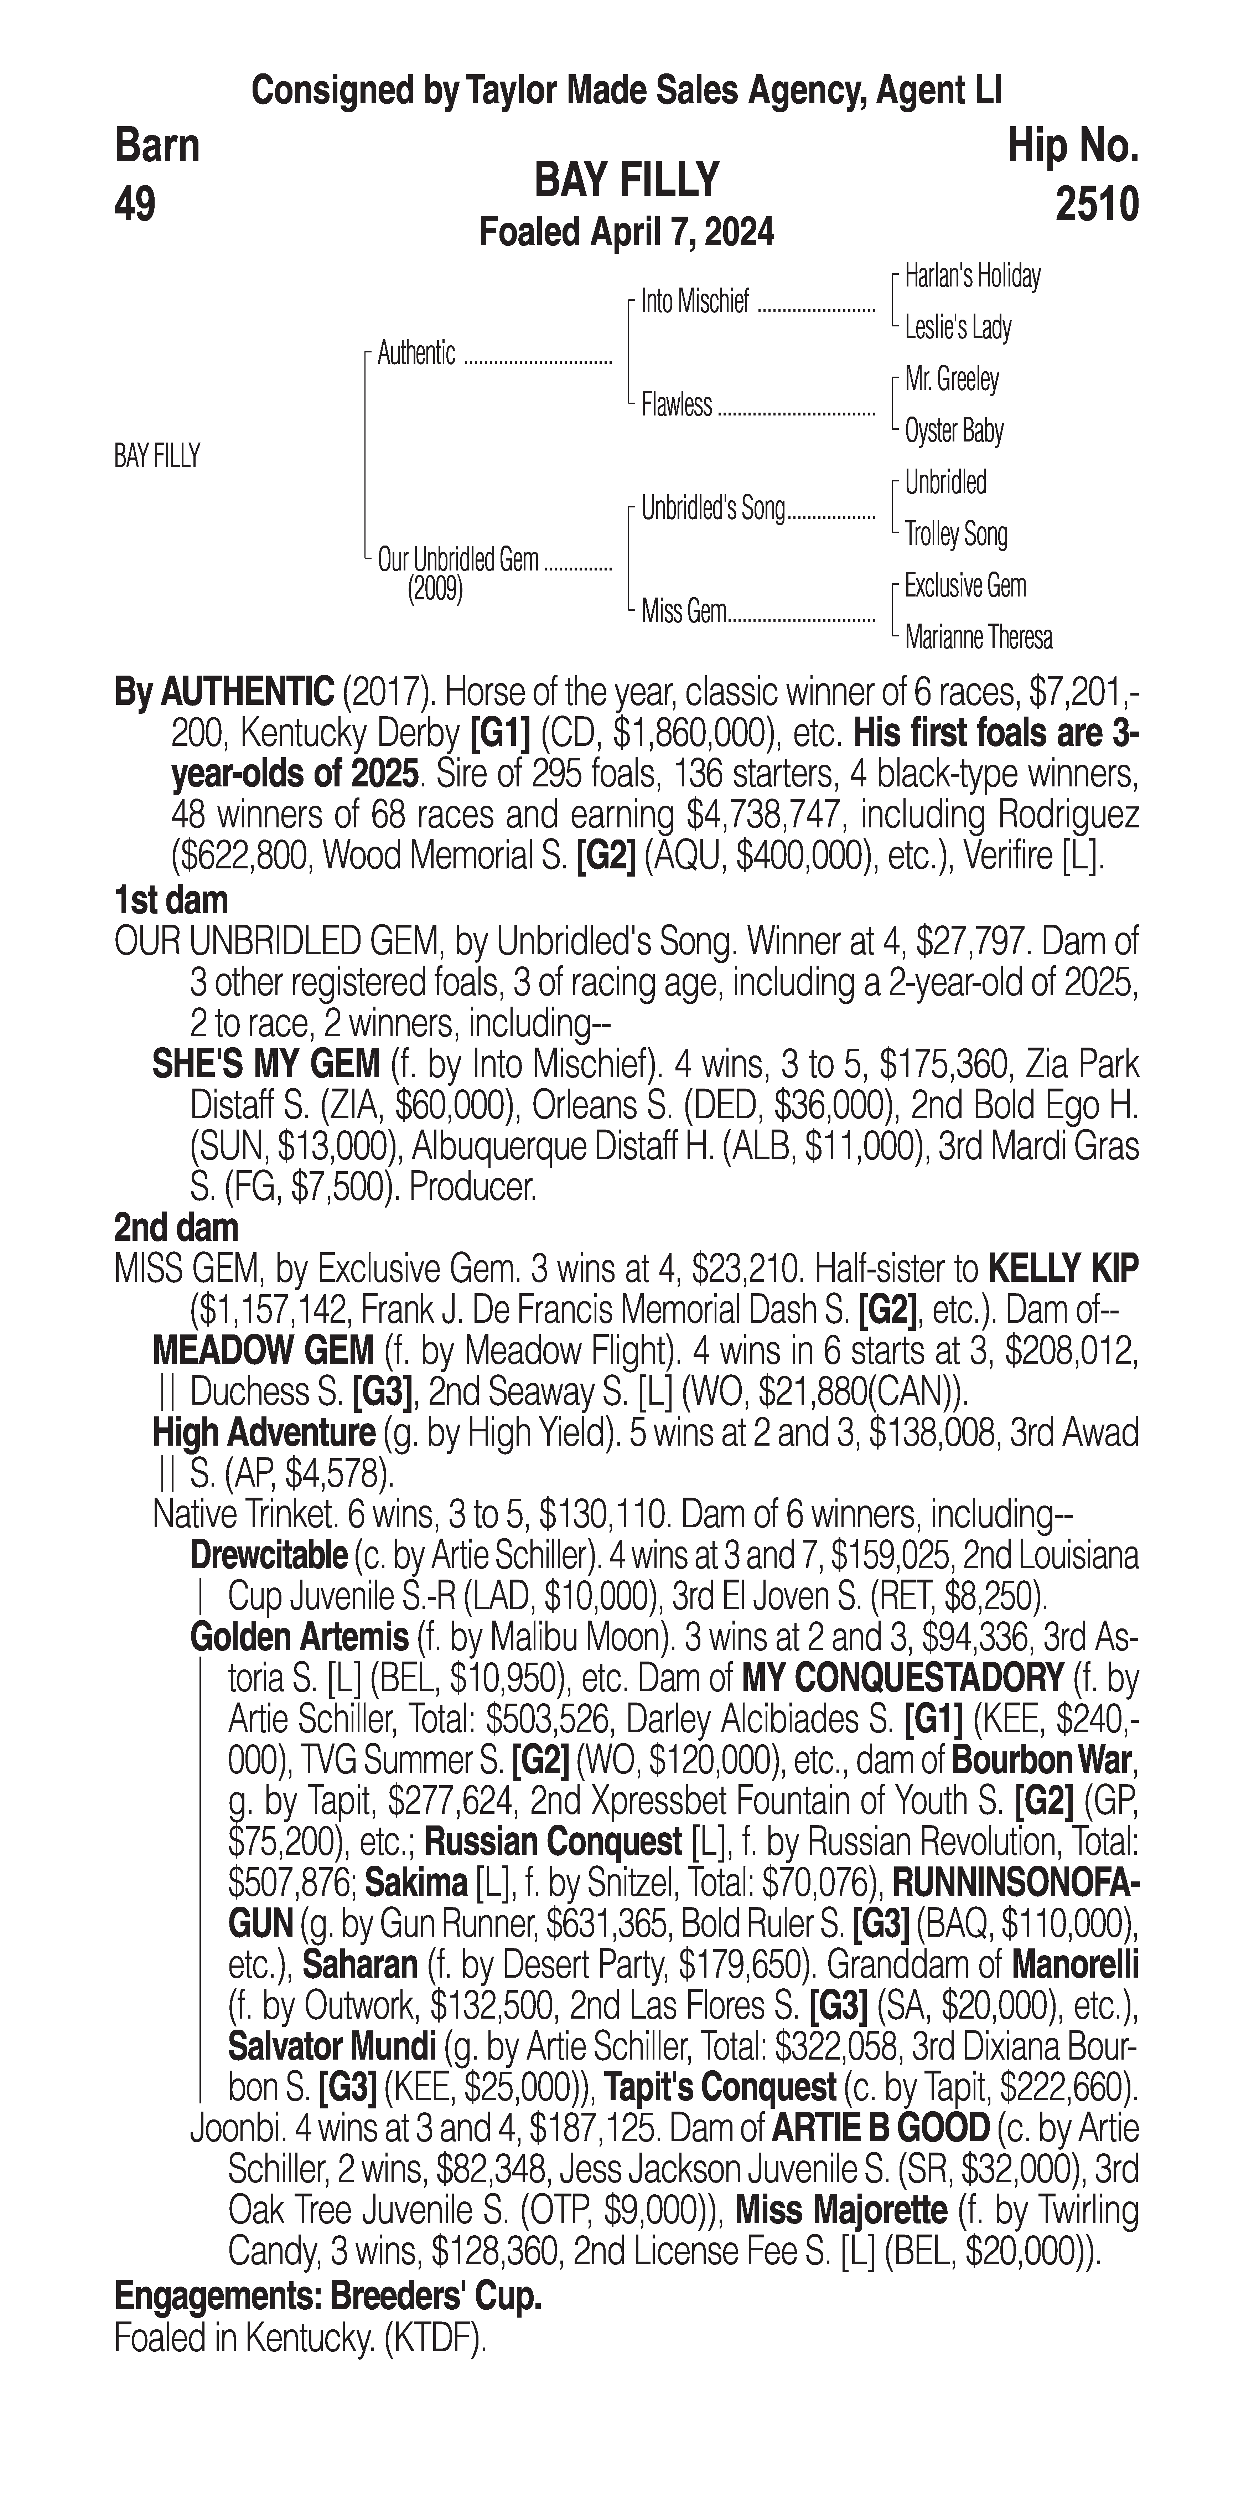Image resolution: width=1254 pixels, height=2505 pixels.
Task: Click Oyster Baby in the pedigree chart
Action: point(954,431)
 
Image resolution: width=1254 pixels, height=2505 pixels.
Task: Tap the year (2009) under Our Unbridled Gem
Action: point(435,589)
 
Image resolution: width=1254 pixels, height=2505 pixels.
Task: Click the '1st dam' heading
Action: point(171,900)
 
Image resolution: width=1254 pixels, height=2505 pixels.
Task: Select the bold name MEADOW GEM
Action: point(263,1351)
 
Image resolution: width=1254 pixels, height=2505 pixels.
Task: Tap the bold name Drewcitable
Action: point(268,1556)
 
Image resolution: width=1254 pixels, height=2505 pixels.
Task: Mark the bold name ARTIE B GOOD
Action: point(880,2130)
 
